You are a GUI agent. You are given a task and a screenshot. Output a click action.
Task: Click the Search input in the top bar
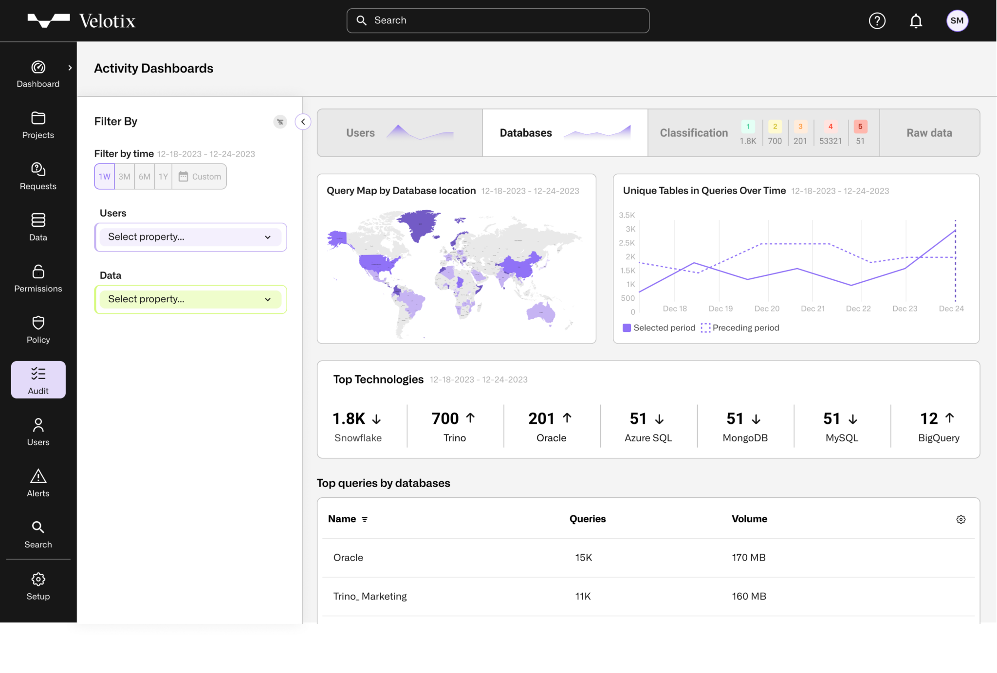(x=498, y=20)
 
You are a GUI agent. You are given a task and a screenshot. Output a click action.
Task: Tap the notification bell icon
(x=916, y=21)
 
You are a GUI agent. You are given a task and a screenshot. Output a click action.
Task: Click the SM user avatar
(x=957, y=21)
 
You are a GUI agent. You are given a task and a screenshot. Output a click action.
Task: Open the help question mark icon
(x=877, y=21)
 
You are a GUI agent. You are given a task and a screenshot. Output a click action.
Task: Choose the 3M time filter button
(x=124, y=177)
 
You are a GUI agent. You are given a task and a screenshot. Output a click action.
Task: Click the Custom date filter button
(x=200, y=177)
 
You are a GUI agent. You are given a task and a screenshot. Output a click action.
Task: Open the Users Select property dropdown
(x=190, y=237)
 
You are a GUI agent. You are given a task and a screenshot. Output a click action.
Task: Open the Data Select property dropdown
(x=190, y=299)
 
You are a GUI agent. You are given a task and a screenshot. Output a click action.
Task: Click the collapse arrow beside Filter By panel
(x=303, y=122)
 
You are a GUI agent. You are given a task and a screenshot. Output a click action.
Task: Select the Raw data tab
(x=929, y=133)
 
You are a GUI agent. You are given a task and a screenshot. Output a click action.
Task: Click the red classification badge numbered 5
(x=860, y=127)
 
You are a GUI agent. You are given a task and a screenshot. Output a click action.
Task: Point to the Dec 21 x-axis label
(x=812, y=309)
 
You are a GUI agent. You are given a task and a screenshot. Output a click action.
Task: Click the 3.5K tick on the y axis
(x=627, y=215)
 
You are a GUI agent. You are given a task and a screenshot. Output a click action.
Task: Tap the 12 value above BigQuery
(x=928, y=418)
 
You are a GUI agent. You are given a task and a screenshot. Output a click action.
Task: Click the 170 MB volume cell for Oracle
(x=749, y=558)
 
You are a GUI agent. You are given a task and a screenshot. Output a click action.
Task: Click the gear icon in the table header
(x=960, y=519)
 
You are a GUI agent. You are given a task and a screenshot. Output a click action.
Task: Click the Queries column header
(x=588, y=519)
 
